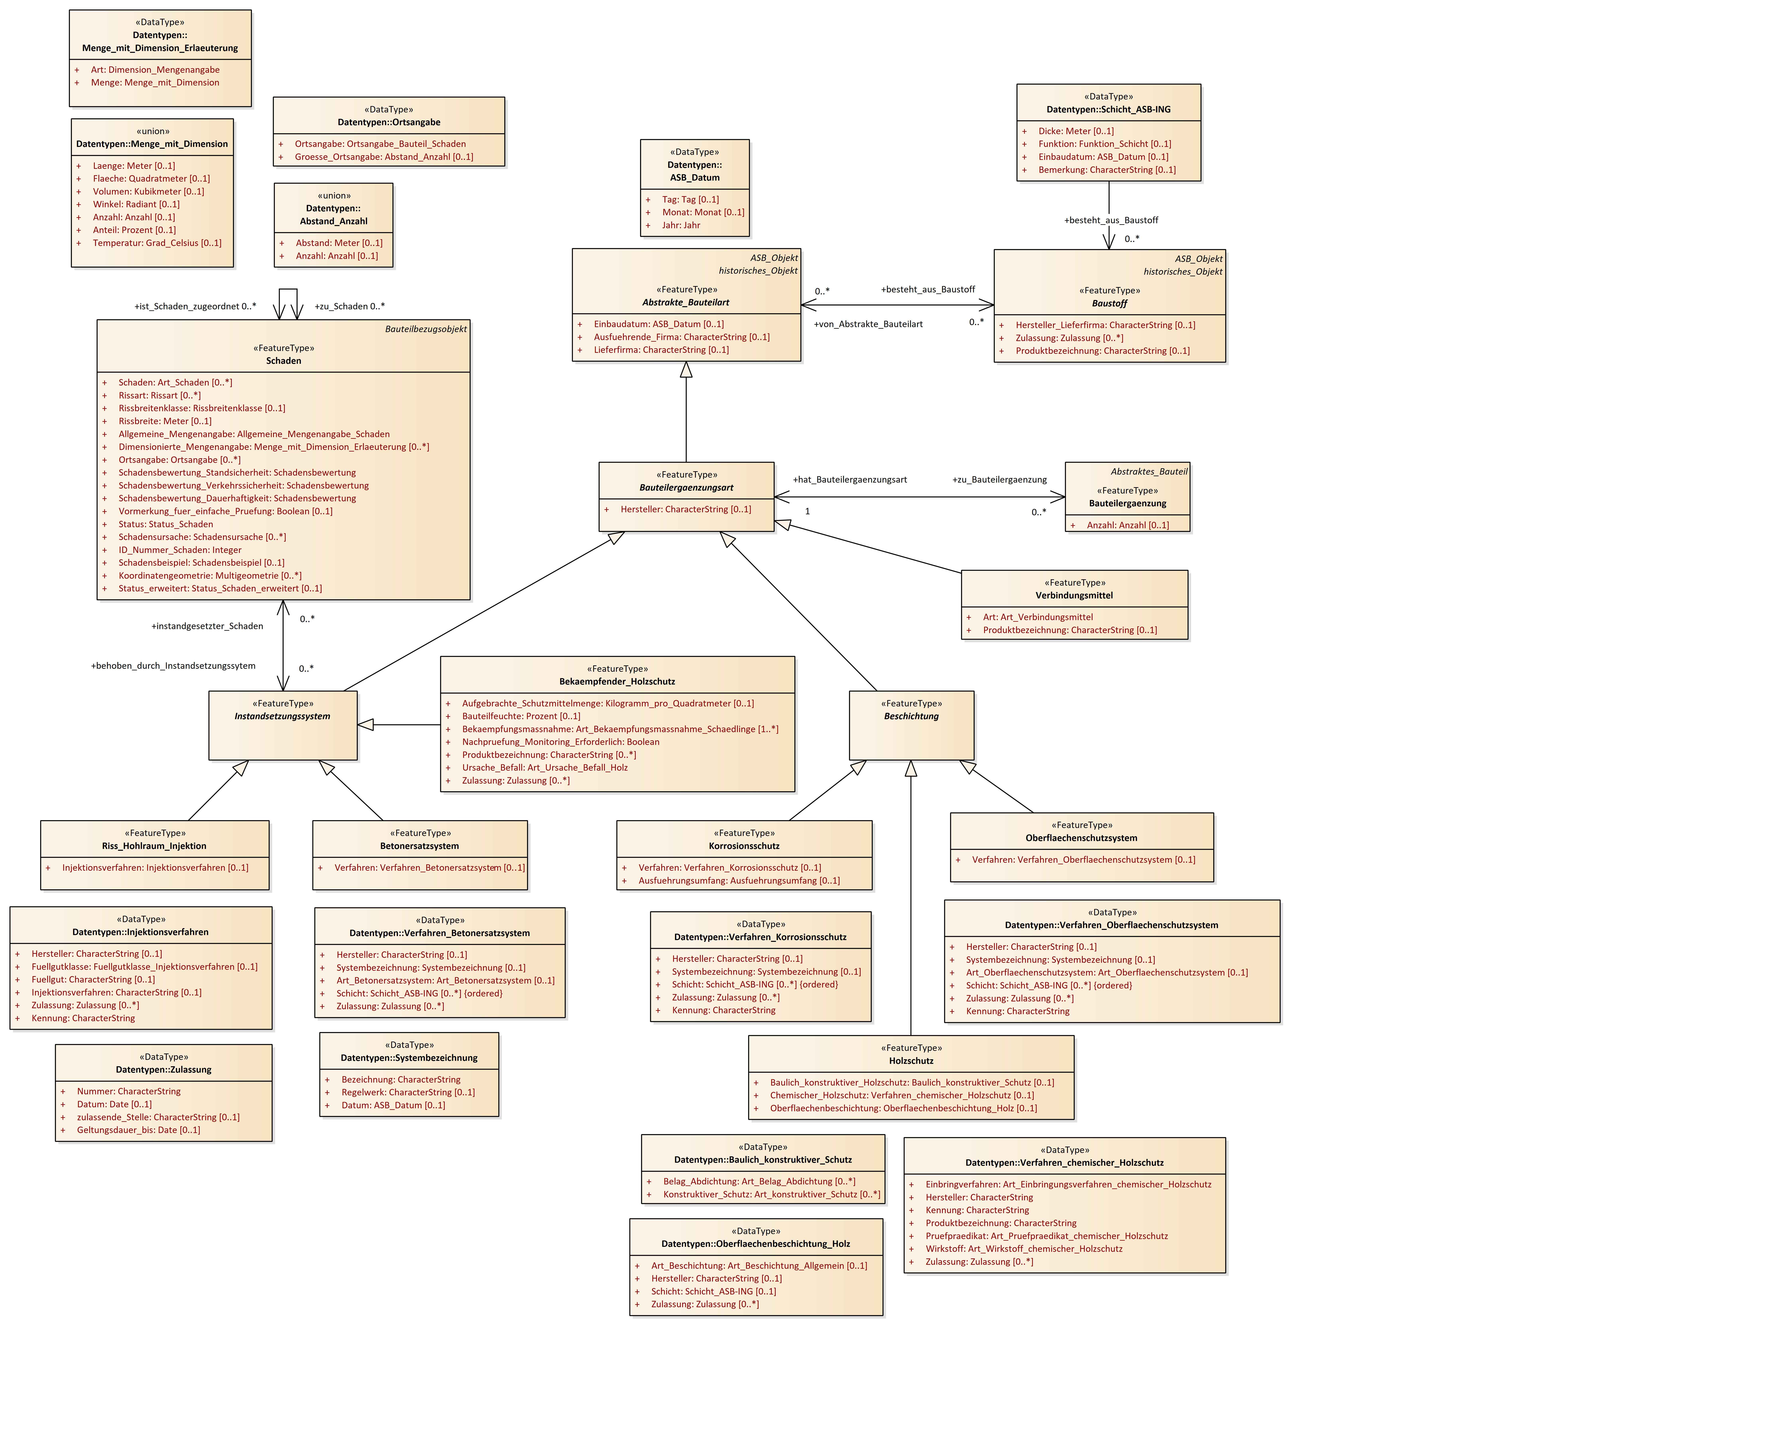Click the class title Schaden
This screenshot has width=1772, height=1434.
click(283, 361)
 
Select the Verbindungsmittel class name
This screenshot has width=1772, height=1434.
click(1074, 596)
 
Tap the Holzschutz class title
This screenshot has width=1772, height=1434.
click(911, 1061)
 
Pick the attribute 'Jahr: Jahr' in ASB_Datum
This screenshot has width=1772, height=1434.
click(681, 225)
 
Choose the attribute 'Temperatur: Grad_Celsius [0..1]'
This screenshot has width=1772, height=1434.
click(157, 243)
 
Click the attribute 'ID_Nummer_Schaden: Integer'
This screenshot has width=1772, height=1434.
click(180, 550)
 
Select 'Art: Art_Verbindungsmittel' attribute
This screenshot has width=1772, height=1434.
click(1038, 617)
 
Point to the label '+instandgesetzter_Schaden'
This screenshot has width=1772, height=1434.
click(207, 626)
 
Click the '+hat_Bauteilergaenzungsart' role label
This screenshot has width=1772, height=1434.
click(850, 480)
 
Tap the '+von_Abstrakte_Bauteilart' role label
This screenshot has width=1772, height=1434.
click(868, 324)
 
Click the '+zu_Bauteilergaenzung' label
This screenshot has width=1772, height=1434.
click(1000, 480)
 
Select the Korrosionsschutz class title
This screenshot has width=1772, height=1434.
click(744, 846)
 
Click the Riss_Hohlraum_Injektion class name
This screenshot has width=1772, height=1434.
click(155, 846)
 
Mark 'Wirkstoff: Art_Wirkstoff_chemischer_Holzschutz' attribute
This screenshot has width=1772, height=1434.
click(1024, 1249)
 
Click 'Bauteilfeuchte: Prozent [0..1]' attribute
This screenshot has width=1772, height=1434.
click(521, 716)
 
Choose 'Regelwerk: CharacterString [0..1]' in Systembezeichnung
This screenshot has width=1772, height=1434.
click(408, 1092)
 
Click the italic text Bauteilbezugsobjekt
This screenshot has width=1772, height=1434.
click(425, 329)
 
